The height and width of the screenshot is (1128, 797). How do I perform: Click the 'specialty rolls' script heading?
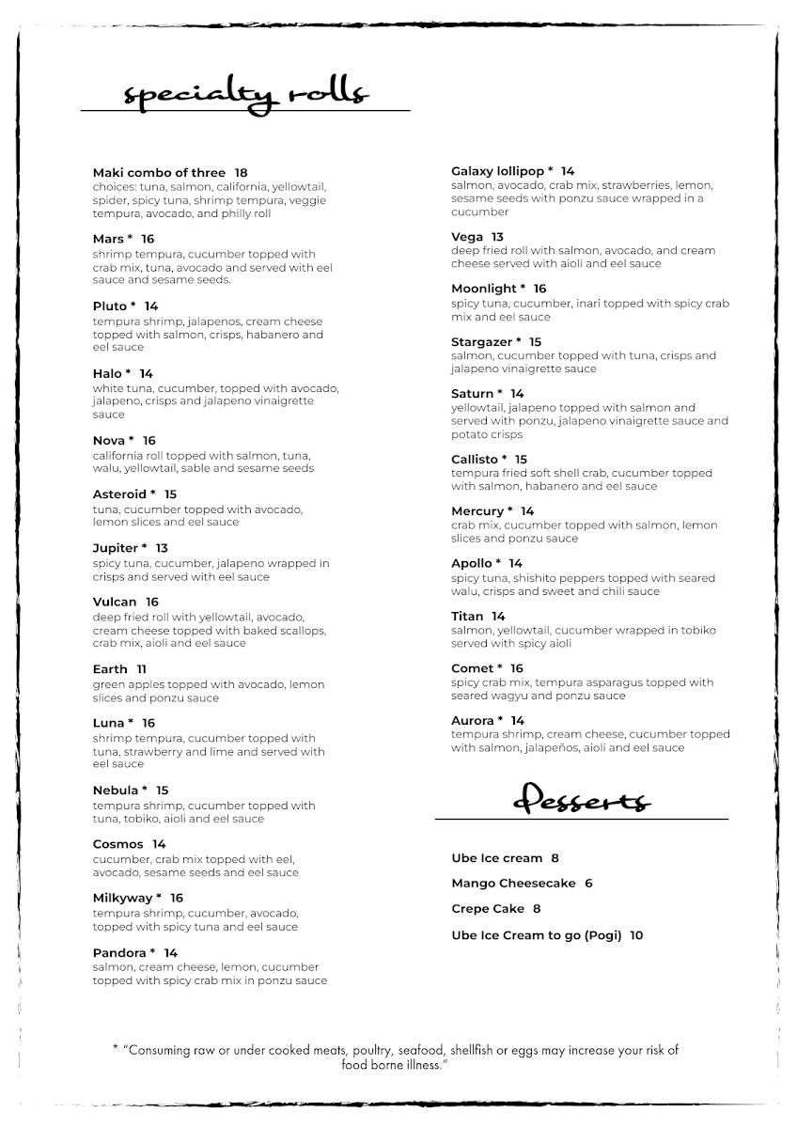point(246,94)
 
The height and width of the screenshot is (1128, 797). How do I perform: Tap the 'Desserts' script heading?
point(581,801)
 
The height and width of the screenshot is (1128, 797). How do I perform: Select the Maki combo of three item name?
point(159,173)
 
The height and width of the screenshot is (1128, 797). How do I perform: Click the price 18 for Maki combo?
point(241,173)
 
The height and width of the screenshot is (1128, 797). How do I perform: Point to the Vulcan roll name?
point(115,602)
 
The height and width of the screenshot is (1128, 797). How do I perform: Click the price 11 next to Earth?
point(141,669)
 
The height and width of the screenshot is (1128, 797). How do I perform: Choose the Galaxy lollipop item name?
point(497,171)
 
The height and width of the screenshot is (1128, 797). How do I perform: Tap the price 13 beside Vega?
point(497,237)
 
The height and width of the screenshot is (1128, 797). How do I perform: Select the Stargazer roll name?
point(481,342)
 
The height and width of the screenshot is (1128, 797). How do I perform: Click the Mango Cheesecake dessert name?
point(513,884)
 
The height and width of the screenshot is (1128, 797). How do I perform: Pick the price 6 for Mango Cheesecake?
point(588,884)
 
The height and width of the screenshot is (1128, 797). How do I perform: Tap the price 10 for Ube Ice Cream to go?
point(636,935)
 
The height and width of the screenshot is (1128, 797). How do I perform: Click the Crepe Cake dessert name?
point(488,909)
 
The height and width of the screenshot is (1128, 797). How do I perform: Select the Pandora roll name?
point(119,953)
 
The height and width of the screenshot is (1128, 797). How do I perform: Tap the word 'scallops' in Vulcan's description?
point(299,630)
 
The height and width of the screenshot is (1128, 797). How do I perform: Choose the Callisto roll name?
point(476,460)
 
